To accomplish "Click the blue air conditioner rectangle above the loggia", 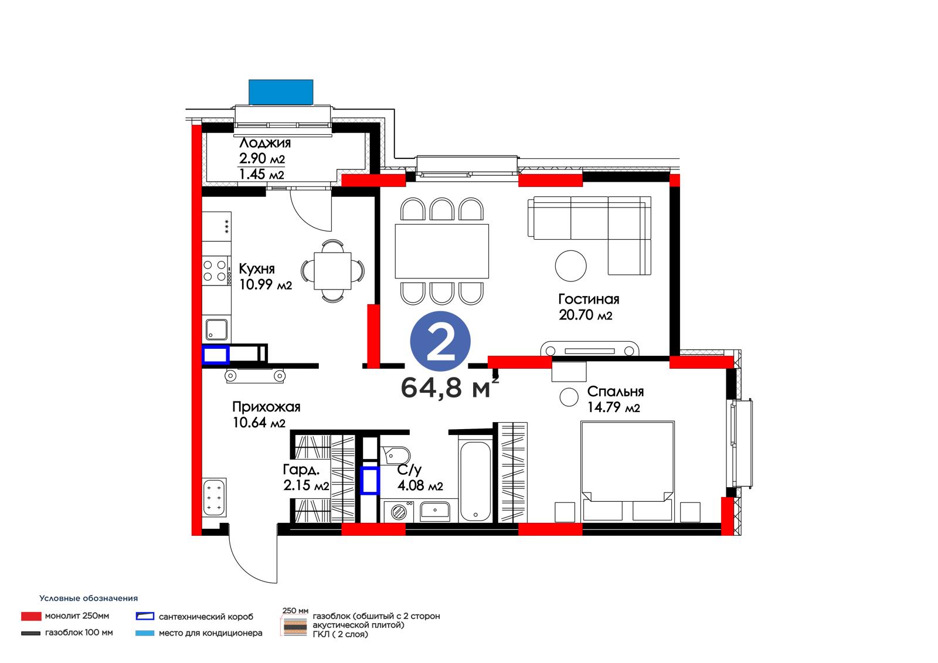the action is pos(281,92).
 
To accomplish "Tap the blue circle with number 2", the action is pos(440,341).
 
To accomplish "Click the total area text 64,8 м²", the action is pos(449,387).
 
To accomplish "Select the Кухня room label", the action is pos(257,268).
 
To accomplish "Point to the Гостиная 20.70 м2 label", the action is pos(589,307).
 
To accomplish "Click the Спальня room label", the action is pos(615,392).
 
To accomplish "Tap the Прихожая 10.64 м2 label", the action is pos(266,414).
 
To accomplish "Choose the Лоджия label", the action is pos(264,143).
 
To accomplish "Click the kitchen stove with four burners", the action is pos(216,271).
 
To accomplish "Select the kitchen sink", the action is pos(216,329).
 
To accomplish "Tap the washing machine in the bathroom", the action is pos(399,511).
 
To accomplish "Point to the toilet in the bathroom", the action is pos(396,455).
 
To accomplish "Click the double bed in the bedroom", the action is pos(627,471).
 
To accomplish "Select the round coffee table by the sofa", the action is pos(571,266).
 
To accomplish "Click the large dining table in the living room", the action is pos(442,251).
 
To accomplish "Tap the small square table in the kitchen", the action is pos(332,271).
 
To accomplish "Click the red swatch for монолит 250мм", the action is pos(32,616).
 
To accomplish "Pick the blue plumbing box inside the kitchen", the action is pos(216,355).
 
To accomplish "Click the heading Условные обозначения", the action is pos(89,599).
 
